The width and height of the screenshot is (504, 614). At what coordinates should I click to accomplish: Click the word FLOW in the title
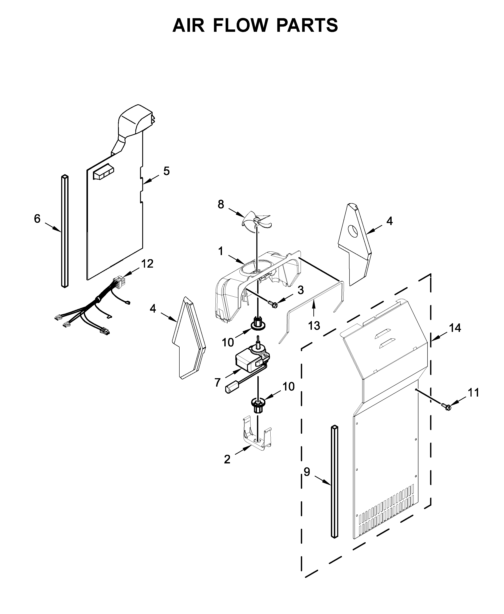tap(240, 25)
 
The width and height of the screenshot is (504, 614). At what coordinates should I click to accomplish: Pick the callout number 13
tap(314, 326)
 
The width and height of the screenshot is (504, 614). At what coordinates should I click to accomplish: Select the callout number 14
tap(455, 328)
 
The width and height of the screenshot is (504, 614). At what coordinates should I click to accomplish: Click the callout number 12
tap(147, 264)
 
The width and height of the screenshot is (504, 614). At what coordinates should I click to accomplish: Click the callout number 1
tap(221, 251)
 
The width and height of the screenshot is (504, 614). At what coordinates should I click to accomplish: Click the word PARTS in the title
tap(307, 25)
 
